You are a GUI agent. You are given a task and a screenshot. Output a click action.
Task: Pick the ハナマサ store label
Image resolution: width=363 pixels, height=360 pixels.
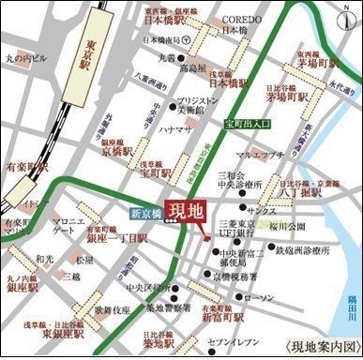(176, 129)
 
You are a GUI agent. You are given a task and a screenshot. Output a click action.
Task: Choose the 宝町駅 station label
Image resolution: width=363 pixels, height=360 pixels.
(155, 173)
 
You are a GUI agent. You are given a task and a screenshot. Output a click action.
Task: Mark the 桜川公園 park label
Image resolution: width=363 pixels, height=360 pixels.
(288, 226)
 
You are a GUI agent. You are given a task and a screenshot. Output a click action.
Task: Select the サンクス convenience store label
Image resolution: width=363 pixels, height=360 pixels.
(261, 212)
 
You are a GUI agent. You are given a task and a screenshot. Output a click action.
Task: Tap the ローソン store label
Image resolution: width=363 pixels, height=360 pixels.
(254, 297)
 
